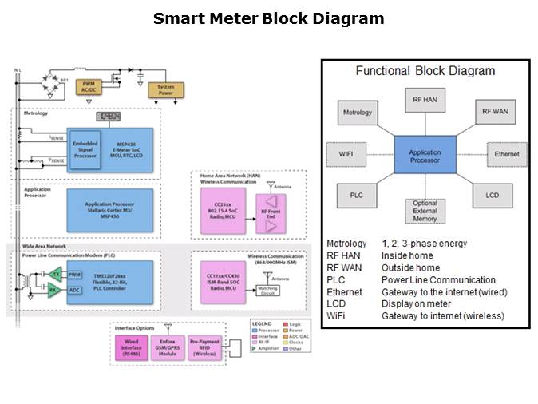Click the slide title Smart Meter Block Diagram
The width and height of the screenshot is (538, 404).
coord(268,18)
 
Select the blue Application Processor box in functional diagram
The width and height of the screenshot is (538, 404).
coord(425,156)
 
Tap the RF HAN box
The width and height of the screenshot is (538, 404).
coord(425,100)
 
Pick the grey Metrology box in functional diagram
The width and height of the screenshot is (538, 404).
coord(358,112)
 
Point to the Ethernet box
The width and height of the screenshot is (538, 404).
coord(506,154)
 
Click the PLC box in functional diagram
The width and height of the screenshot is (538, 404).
coord(356,195)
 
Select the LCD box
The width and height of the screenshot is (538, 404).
coord(493,195)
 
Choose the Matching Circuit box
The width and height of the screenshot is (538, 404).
coord(268,291)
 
